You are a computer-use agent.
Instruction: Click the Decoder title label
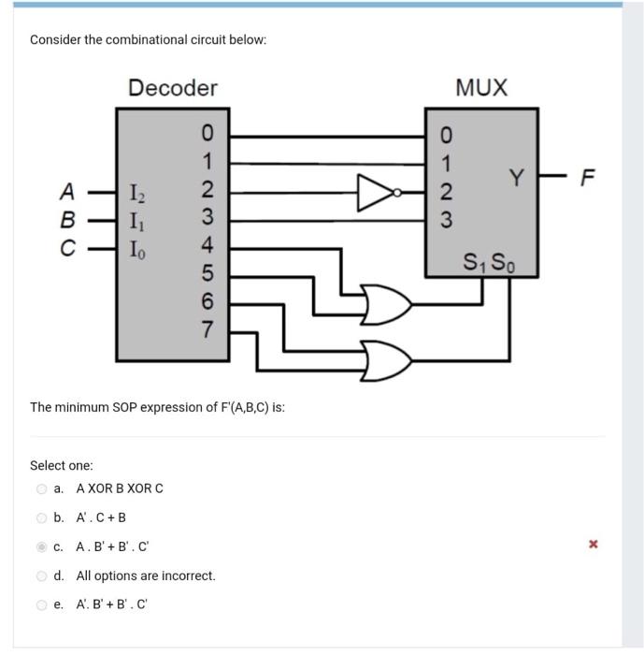[x=172, y=88]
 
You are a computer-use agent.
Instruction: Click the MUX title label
[x=481, y=88]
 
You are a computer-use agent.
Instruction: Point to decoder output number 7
[x=208, y=328]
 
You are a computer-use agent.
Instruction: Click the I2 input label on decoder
[x=136, y=195]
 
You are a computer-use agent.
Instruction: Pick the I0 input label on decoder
[x=136, y=250]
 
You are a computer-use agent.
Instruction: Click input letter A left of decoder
[x=66, y=192]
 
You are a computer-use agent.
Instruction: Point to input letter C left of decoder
[x=66, y=250]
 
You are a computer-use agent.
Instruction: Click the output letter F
[x=587, y=178]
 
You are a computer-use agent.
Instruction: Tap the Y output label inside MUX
[x=517, y=176]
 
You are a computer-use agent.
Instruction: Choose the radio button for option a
[x=41, y=488]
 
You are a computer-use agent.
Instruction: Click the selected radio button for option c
[x=41, y=546]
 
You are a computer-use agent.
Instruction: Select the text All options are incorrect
[x=146, y=575]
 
